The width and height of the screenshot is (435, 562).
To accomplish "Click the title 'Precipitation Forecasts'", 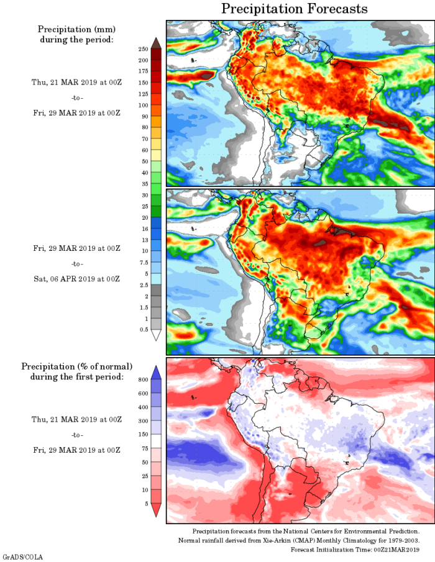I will pos(294,9).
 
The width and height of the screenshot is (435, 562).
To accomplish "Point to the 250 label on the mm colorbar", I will pos(143,48).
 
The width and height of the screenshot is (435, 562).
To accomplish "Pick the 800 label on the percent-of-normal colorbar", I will pos(142,379).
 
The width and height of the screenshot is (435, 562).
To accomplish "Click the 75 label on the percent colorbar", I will pos(144,448).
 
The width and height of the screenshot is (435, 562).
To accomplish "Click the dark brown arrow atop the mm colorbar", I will pos(156,42).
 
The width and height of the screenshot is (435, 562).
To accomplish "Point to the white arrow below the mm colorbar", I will pos(156,335).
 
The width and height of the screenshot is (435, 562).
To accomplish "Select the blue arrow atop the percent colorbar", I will pos(156,371).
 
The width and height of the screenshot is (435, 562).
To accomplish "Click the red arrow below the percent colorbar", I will pos(156,510).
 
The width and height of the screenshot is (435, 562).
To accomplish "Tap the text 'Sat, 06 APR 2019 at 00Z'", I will pos(76,279).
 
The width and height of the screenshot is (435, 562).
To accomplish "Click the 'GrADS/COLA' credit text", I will pos(22,556).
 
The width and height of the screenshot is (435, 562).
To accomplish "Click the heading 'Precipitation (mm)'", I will pos(76,29).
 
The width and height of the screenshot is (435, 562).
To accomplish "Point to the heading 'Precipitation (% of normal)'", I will pos(76,366).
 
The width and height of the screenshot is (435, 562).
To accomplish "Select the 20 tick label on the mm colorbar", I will pos(144,217).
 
